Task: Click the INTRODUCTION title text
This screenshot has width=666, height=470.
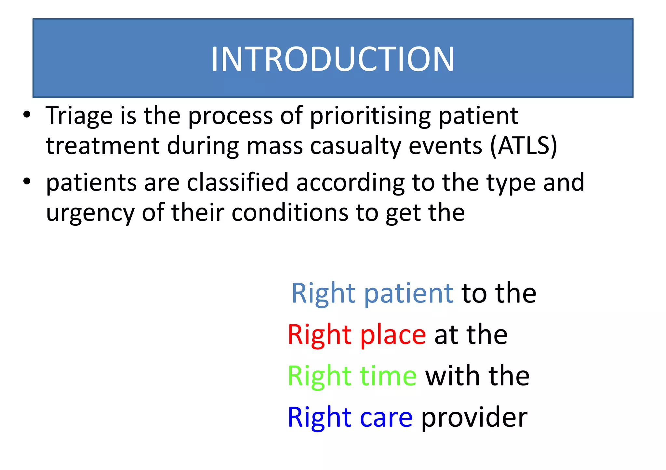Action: pyautogui.click(x=332, y=59)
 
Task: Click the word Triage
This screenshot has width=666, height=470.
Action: pyautogui.click(x=79, y=116)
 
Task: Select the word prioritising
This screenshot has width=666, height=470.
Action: pyautogui.click(x=370, y=116)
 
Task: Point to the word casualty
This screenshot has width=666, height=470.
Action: pyautogui.click(x=355, y=146)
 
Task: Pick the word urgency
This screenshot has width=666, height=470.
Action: pyautogui.click(x=90, y=213)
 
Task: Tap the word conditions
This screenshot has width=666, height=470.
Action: pyautogui.click(x=290, y=212)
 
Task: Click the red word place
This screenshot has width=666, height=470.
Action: pyautogui.click(x=393, y=335)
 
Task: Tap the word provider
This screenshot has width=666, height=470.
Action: pyautogui.click(x=474, y=418)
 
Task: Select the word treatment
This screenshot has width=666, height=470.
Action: pyautogui.click(x=102, y=146)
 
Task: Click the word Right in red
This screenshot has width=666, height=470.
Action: pyautogui.click(x=319, y=335)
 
